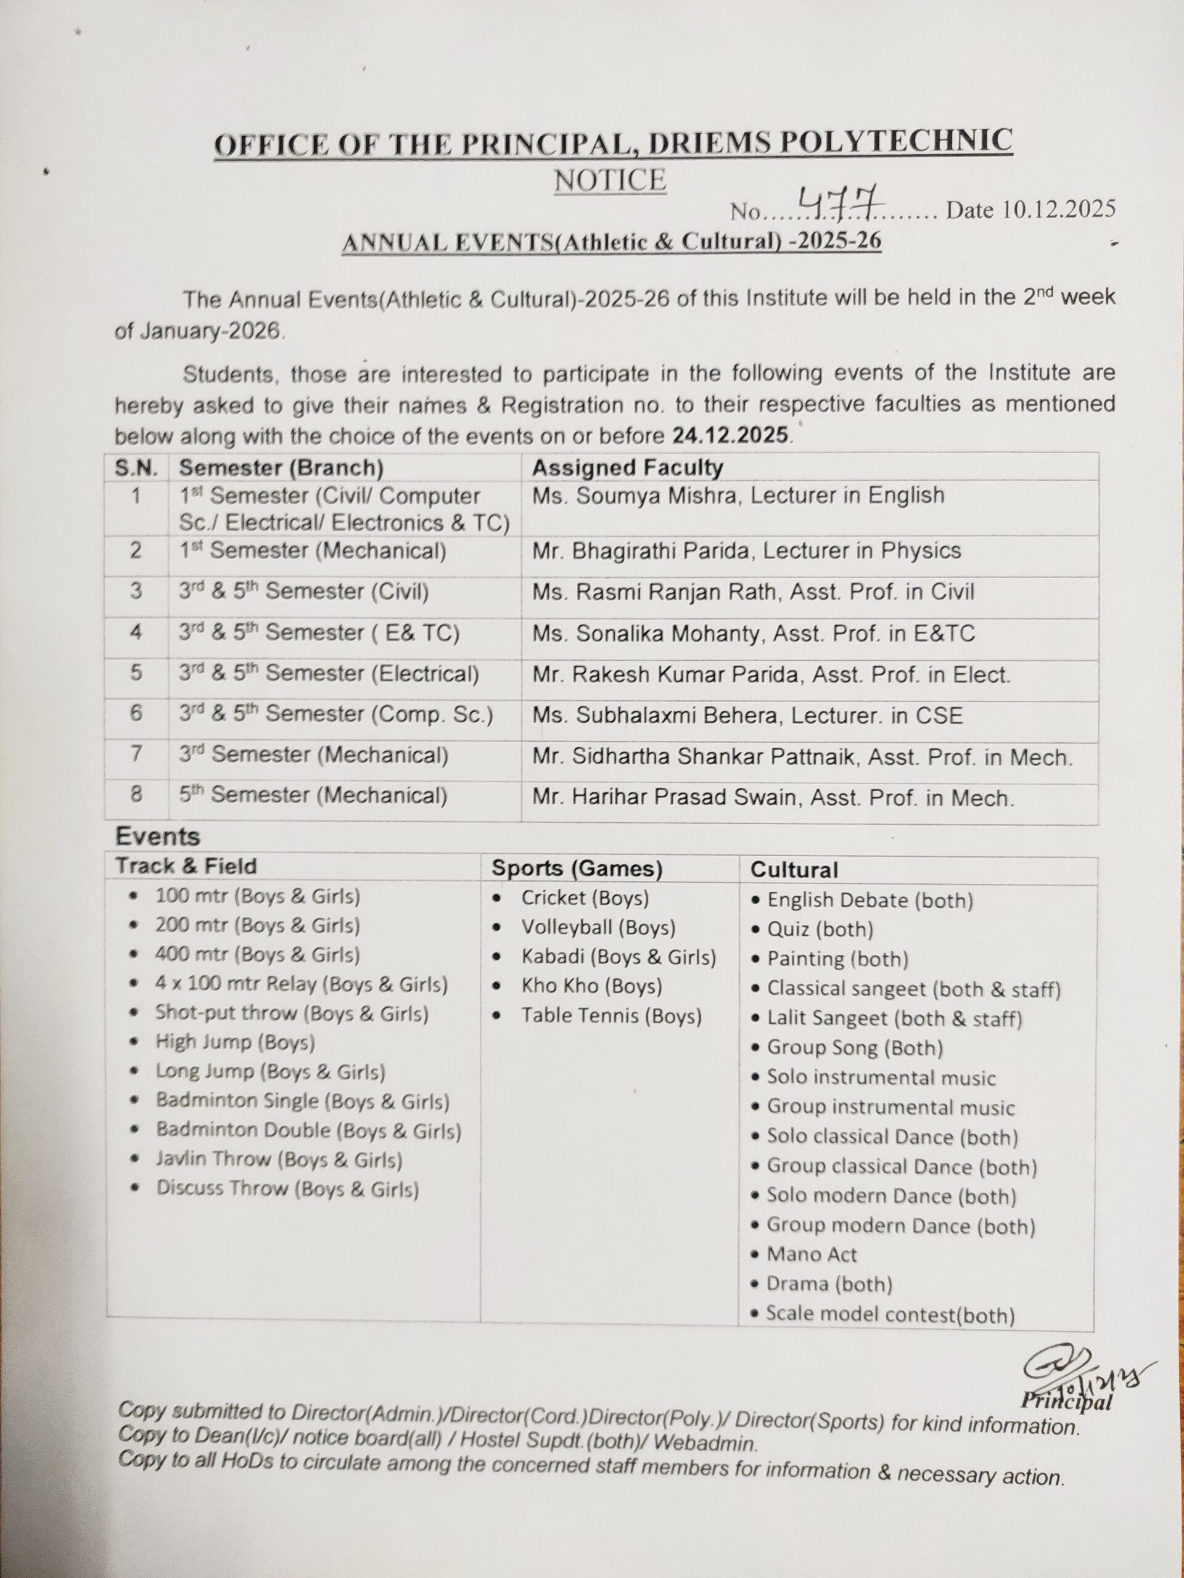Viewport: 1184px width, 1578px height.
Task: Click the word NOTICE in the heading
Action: [610, 180]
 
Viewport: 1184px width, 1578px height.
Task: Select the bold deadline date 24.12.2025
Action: [730, 435]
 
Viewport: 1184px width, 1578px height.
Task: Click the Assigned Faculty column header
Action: [627, 467]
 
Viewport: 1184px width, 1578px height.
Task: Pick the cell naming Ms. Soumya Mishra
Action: [738, 496]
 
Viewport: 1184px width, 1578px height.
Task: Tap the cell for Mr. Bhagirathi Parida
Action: [747, 550]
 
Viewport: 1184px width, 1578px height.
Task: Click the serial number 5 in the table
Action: [136, 672]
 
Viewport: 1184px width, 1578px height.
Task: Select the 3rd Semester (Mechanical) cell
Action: [313, 754]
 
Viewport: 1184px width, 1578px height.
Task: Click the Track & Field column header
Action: [186, 866]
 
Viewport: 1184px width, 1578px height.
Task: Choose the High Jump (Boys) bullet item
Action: [235, 1043]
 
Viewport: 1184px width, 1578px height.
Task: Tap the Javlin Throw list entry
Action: [279, 1159]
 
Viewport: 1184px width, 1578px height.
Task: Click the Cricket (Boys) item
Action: [585, 898]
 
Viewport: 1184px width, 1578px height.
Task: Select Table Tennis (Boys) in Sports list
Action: [611, 1016]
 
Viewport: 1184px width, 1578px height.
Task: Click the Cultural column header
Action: [794, 870]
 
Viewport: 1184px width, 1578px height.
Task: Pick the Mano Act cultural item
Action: [812, 1254]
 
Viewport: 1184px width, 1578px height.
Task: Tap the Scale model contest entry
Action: [890, 1314]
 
